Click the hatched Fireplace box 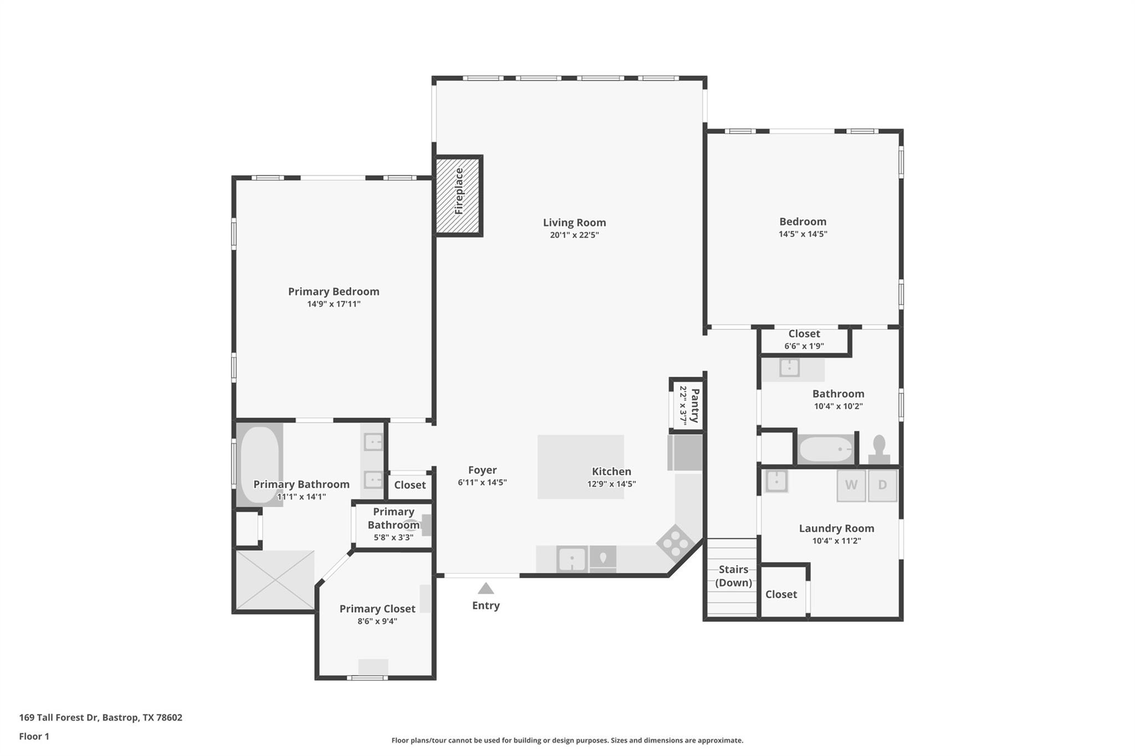458,196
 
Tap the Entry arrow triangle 485,589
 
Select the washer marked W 851,485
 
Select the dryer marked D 882,485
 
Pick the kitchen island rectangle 580,466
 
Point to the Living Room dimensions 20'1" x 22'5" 574,235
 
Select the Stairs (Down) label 733,576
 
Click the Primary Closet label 377,609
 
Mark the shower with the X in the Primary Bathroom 275,580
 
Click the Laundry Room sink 776,481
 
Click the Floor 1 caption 34,736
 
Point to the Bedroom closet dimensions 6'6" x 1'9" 804,346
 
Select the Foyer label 482,470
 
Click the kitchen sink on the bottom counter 572,559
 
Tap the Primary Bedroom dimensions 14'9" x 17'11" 334,304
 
